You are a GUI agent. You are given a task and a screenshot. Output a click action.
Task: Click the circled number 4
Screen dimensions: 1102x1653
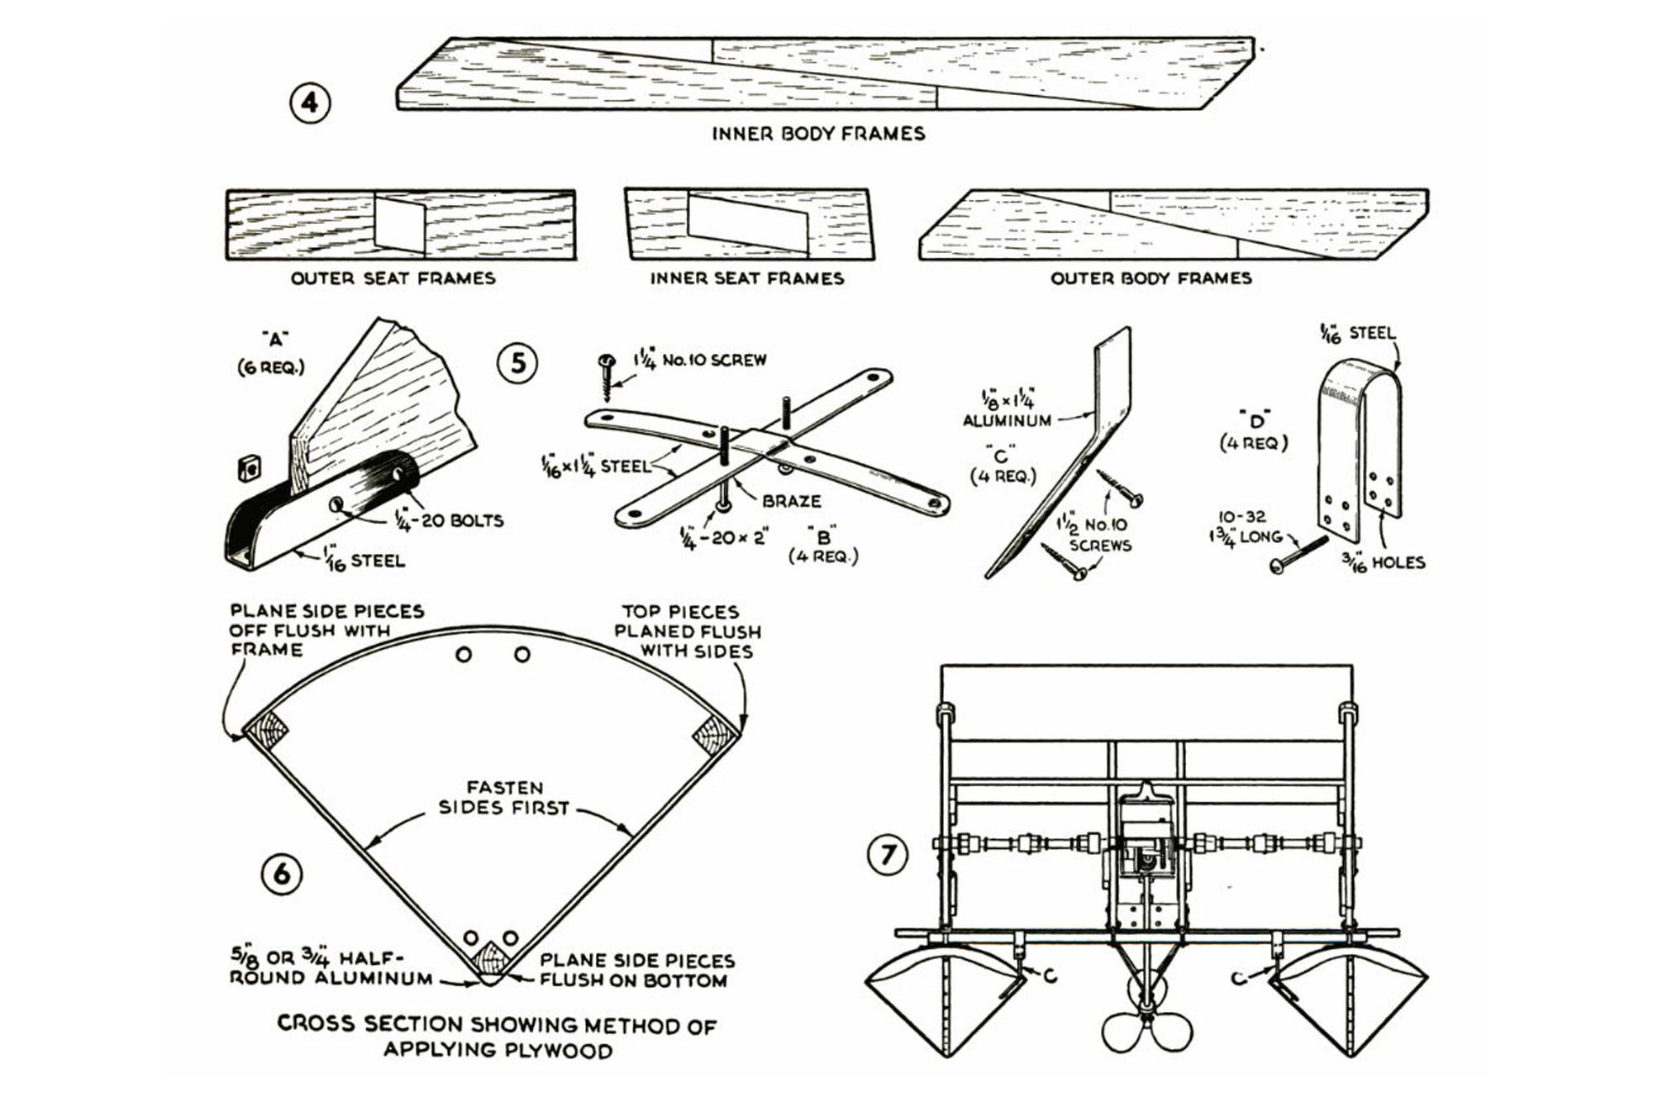(310, 103)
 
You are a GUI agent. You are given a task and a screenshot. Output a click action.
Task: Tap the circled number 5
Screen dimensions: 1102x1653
(518, 362)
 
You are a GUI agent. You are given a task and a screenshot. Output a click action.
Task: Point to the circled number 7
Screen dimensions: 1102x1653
(888, 854)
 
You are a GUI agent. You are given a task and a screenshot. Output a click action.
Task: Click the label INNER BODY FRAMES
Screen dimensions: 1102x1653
(818, 134)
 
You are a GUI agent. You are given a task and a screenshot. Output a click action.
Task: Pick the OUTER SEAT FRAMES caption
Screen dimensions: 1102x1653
(393, 279)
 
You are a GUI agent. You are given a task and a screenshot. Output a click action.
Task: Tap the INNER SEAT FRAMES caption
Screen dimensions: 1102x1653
(746, 279)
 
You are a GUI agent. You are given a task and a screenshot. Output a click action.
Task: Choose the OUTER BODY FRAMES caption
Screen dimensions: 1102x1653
(1150, 279)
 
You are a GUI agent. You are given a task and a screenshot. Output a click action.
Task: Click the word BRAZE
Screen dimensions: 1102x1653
(791, 501)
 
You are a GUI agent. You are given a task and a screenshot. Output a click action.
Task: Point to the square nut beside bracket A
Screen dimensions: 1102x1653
(248, 469)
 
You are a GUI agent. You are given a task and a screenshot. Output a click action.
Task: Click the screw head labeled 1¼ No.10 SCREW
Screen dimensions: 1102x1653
(607, 362)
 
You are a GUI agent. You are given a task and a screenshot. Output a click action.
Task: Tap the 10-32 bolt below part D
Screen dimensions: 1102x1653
(1300, 554)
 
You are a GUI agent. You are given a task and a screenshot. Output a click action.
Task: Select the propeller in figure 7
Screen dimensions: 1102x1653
(1146, 1025)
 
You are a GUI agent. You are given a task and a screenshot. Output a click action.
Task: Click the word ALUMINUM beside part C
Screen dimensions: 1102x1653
(1007, 420)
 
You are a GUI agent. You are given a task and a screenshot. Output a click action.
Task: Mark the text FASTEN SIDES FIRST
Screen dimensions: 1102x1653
(504, 798)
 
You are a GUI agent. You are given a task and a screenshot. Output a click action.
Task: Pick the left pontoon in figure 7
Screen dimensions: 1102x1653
(946, 1000)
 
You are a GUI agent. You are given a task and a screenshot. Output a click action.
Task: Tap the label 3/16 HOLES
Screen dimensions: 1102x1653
(1384, 563)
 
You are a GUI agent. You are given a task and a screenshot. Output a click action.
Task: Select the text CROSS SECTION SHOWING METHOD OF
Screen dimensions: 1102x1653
(497, 1024)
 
